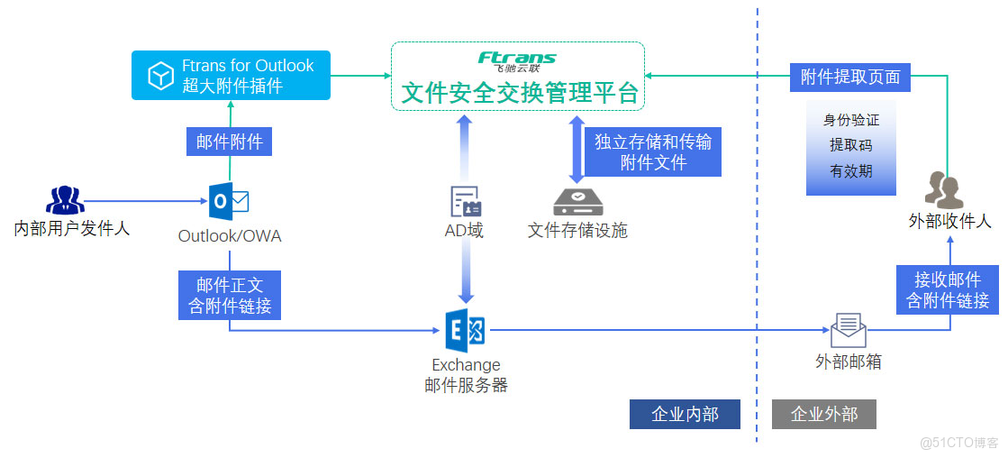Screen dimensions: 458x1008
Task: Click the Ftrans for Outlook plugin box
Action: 231,75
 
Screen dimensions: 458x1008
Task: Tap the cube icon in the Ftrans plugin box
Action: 160,76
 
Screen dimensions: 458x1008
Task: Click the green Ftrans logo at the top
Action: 517,60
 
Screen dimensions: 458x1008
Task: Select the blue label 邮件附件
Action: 229,141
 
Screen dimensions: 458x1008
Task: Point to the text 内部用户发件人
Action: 72,228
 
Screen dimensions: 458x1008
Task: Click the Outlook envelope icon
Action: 229,201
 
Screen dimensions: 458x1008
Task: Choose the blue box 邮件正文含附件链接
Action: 230,295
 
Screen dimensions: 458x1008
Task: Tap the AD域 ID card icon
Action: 466,201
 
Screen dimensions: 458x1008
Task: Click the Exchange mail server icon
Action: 466,332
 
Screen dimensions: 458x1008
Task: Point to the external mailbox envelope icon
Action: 848,330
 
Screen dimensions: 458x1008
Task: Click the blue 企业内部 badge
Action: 685,414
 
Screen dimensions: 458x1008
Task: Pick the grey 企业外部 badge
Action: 823,414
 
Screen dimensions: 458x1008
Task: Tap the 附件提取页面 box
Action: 849,78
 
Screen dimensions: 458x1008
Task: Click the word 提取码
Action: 850,145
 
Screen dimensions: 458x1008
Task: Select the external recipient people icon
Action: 943,190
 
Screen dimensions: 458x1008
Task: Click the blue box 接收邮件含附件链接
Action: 948,289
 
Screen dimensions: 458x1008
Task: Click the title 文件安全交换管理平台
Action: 519,93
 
